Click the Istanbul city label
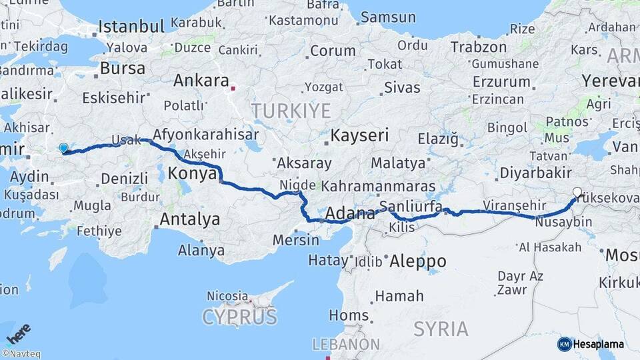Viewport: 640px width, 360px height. [131, 27]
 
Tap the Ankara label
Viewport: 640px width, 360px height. [201, 81]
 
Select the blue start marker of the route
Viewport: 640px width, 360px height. [63, 149]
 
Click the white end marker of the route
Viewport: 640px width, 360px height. [577, 193]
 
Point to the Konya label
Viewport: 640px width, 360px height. [192, 173]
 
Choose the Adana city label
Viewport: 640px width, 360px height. [350, 215]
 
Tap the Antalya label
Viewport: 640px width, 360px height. [190, 219]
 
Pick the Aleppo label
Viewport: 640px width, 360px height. [417, 261]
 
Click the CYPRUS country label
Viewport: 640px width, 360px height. [239, 316]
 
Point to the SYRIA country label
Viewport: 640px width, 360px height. [441, 328]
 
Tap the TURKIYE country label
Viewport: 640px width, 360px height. [291, 109]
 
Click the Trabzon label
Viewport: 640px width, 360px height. [479, 47]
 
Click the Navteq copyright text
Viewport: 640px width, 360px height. [21, 354]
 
